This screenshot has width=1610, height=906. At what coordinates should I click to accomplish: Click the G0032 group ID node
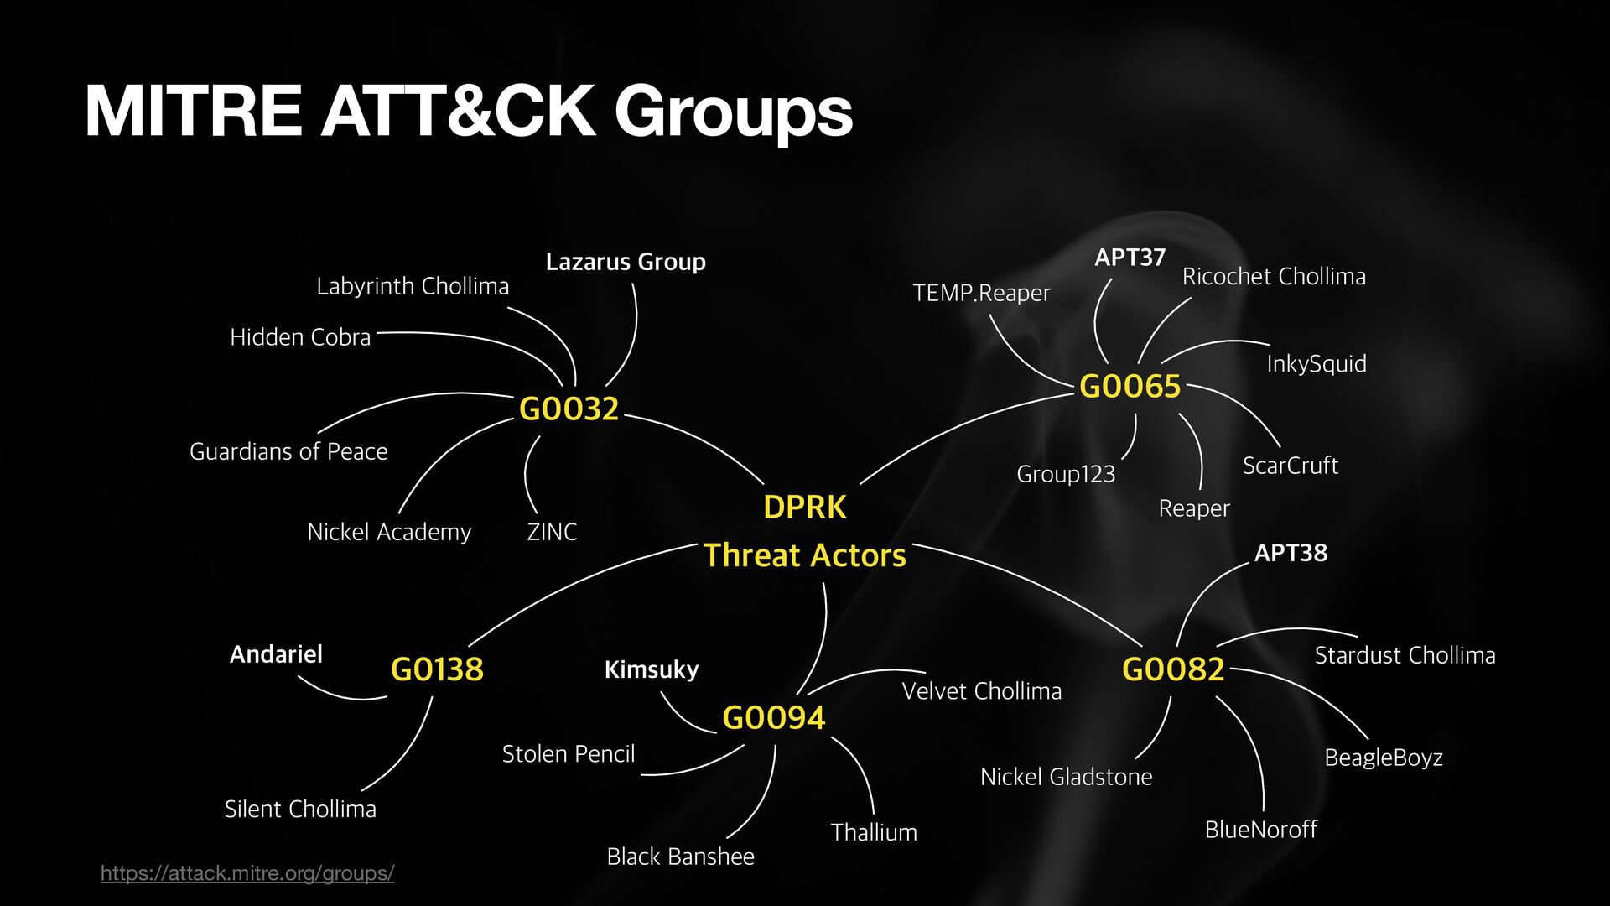(x=569, y=409)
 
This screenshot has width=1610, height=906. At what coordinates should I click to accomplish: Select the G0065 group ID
(x=1130, y=387)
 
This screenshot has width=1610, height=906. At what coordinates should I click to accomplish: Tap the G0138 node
(x=437, y=669)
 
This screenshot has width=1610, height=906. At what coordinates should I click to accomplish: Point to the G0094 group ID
(x=773, y=718)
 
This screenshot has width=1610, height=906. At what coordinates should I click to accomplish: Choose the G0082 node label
(x=1173, y=669)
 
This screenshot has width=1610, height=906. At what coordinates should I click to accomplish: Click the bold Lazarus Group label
(x=626, y=262)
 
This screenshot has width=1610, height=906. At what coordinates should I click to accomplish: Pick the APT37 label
(x=1130, y=258)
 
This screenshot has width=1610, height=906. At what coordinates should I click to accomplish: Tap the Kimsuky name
(x=652, y=669)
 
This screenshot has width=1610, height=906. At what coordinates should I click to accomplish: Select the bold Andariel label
(x=276, y=654)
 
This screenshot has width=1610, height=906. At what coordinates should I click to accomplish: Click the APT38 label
(x=1291, y=553)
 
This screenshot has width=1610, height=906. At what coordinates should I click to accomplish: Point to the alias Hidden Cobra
(x=300, y=337)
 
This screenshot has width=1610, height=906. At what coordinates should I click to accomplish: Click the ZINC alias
(x=552, y=532)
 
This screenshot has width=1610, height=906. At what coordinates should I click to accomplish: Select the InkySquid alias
(x=1317, y=364)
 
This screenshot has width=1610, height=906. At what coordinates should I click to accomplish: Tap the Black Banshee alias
(x=680, y=857)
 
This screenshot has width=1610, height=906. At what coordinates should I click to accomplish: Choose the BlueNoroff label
(x=1260, y=830)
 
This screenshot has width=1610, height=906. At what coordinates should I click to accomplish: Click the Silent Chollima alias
(x=300, y=810)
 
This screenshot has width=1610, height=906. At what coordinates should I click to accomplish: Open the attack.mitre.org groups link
(x=247, y=873)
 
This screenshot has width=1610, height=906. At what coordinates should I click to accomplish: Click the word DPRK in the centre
(x=805, y=508)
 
